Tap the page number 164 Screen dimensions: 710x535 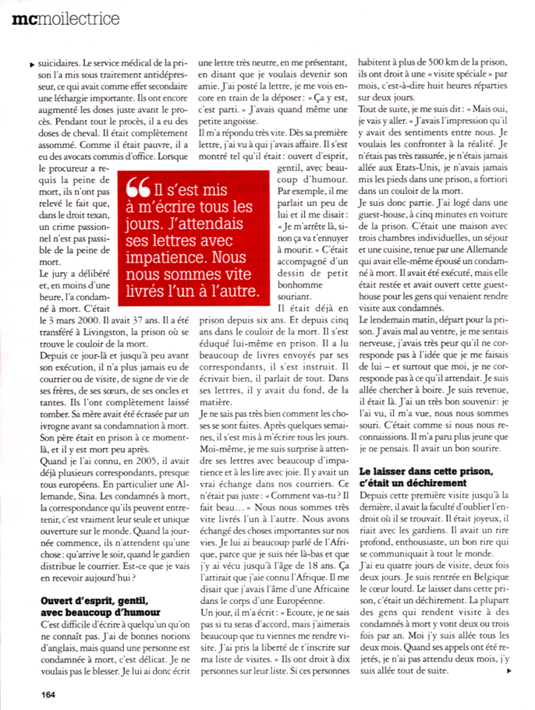[41, 690]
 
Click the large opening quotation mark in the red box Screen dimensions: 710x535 [138, 189]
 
